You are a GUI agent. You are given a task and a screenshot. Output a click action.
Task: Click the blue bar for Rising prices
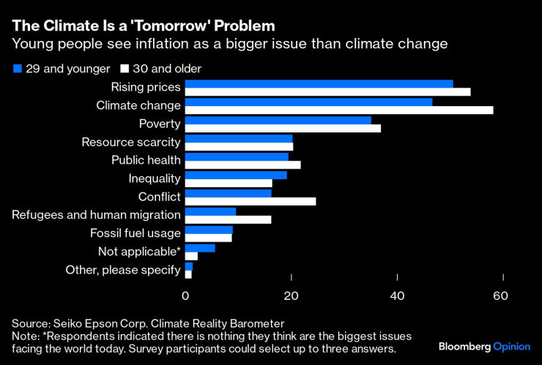coord(319,84)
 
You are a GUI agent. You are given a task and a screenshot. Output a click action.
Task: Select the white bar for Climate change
coord(339,110)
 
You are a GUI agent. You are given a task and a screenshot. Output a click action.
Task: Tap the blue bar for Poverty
coord(278,120)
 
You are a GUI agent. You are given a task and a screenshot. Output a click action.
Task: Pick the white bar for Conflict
coord(250,201)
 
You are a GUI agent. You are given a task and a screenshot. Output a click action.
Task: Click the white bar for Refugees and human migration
coord(228,219)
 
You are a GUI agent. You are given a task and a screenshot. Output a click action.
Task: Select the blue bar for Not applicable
coord(200,248)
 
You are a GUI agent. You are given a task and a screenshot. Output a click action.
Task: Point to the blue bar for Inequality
coord(236,175)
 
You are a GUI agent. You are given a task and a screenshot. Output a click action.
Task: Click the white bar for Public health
coord(242,165)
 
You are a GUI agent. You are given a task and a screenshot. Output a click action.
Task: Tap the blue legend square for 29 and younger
coord(17,69)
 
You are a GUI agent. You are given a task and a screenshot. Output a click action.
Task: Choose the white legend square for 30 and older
coord(125,69)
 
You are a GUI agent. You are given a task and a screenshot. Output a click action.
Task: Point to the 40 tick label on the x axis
coord(397,296)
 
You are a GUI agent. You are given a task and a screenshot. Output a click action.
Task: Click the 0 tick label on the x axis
coord(185,296)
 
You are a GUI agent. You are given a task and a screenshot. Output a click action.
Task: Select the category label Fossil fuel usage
coord(135,233)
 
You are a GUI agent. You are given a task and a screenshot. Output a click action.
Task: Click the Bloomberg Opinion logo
coord(484,345)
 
